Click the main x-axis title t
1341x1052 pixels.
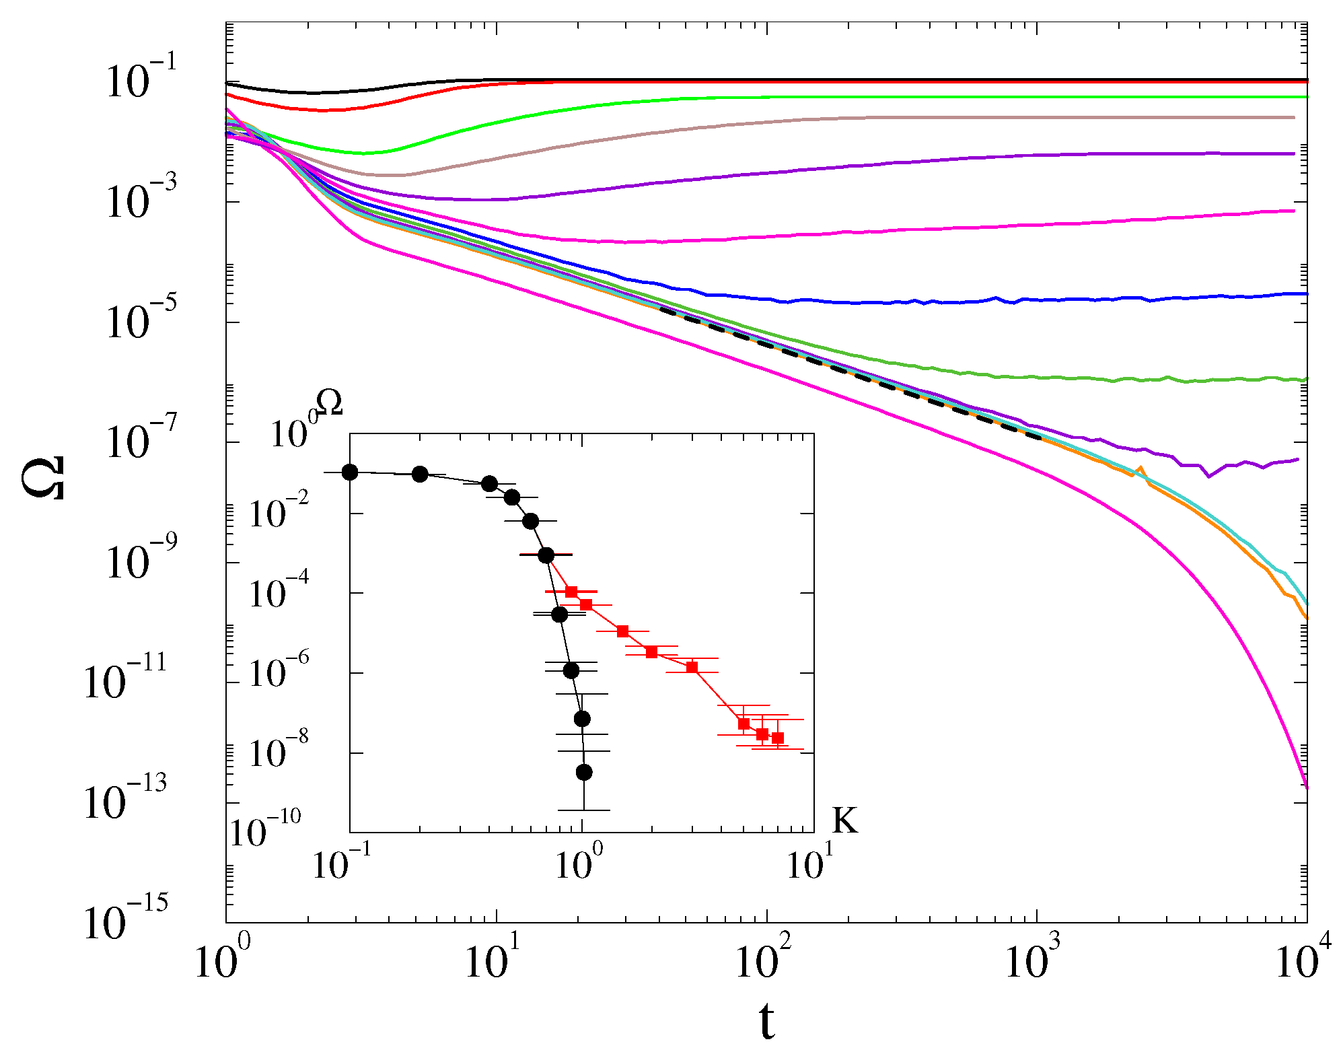(x=766, y=1021)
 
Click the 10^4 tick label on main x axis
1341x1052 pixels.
(x=1303, y=959)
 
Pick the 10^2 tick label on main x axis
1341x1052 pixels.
(x=764, y=959)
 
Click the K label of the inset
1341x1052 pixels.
(x=845, y=820)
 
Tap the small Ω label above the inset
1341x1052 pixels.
(x=329, y=404)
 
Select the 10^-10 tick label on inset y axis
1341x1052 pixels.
(x=266, y=829)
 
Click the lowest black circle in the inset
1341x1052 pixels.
(x=584, y=772)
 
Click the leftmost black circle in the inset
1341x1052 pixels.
(x=350, y=472)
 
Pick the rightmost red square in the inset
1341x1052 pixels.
(x=778, y=738)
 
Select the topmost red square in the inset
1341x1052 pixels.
(x=571, y=592)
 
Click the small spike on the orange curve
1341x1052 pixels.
(x=1139, y=468)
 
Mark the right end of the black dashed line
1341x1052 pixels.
(x=1040, y=437)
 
